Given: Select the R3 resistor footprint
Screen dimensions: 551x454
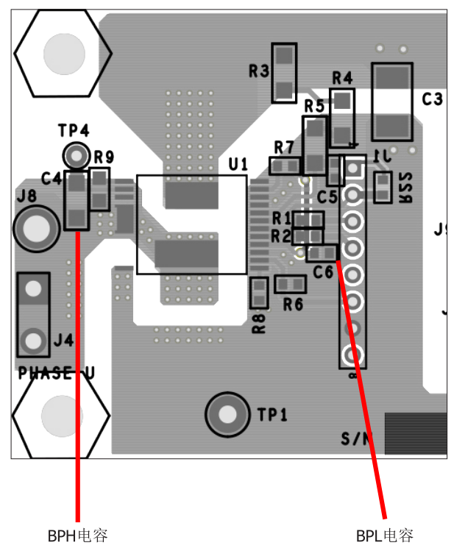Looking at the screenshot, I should click(x=284, y=72).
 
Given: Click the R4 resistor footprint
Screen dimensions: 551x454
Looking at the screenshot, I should click(x=341, y=118).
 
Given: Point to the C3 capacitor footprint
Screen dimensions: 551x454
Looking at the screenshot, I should click(x=392, y=100).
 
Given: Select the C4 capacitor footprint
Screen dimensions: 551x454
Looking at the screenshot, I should click(x=77, y=199).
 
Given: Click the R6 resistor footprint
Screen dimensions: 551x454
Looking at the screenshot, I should click(x=290, y=284).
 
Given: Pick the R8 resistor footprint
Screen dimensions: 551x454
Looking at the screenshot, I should click(x=258, y=293).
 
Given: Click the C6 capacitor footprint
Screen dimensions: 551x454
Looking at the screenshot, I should click(x=322, y=253).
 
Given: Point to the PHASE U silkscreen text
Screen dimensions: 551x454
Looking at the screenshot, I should click(x=56, y=373).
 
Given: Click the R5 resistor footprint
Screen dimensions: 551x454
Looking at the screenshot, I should click(x=315, y=144).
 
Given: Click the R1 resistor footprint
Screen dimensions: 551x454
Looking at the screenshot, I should click(x=308, y=219).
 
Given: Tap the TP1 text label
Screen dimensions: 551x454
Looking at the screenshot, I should click(x=272, y=416).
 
